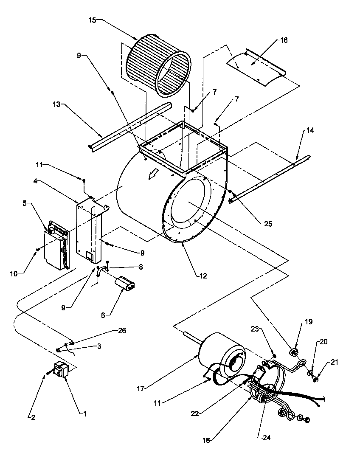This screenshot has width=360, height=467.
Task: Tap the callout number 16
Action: (284, 40)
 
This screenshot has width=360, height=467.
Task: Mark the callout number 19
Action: (309, 322)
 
